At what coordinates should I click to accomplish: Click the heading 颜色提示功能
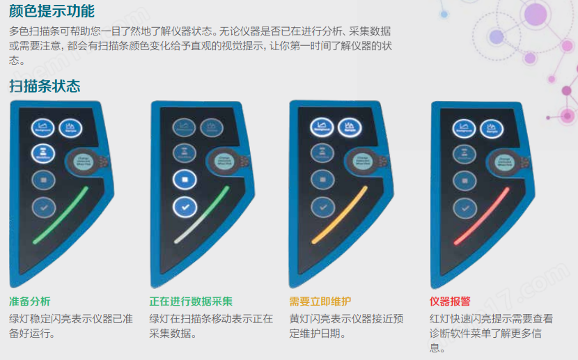tap(52, 11)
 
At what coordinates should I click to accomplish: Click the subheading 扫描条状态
tap(45, 86)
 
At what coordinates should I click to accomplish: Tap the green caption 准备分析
tap(30, 302)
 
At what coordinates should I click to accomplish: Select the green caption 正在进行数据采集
tap(191, 302)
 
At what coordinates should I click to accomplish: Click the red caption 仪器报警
tap(450, 302)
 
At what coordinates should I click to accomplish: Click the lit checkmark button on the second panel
tap(185, 207)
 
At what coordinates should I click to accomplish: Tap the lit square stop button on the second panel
tap(185, 180)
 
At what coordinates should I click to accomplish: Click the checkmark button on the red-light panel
tap(464, 208)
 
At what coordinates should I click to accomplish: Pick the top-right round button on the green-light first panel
tap(70, 127)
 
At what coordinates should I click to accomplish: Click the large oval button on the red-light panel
tap(501, 162)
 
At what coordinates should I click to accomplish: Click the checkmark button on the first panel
tap(43, 207)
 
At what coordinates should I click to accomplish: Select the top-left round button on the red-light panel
tap(464, 127)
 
